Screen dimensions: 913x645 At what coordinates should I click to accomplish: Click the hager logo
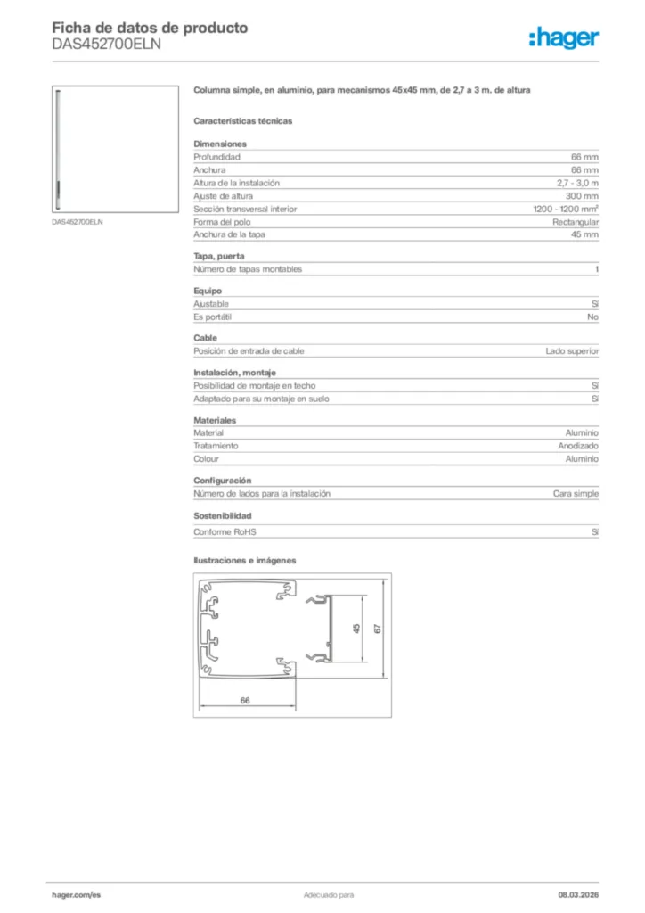563,37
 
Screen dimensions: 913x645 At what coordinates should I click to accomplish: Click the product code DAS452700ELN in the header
106,45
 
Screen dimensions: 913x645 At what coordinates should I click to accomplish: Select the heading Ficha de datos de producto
150,28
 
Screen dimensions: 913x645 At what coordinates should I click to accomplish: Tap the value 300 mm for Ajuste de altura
582,196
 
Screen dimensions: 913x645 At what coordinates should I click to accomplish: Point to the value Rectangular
576,222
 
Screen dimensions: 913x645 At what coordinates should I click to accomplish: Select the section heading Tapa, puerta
218,257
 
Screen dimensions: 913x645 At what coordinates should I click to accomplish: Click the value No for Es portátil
592,317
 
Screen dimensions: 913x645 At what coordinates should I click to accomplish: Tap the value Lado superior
572,351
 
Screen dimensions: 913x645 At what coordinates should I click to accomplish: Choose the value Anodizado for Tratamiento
578,446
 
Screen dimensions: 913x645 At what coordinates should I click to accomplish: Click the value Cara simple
576,493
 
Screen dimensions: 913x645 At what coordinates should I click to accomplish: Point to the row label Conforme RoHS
225,532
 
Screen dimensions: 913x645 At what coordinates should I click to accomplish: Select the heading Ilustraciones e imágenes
244,561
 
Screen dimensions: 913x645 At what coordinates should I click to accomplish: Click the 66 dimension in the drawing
245,701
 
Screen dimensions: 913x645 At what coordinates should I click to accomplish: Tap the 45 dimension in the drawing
356,629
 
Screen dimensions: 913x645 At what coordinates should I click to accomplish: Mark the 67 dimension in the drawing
378,629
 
